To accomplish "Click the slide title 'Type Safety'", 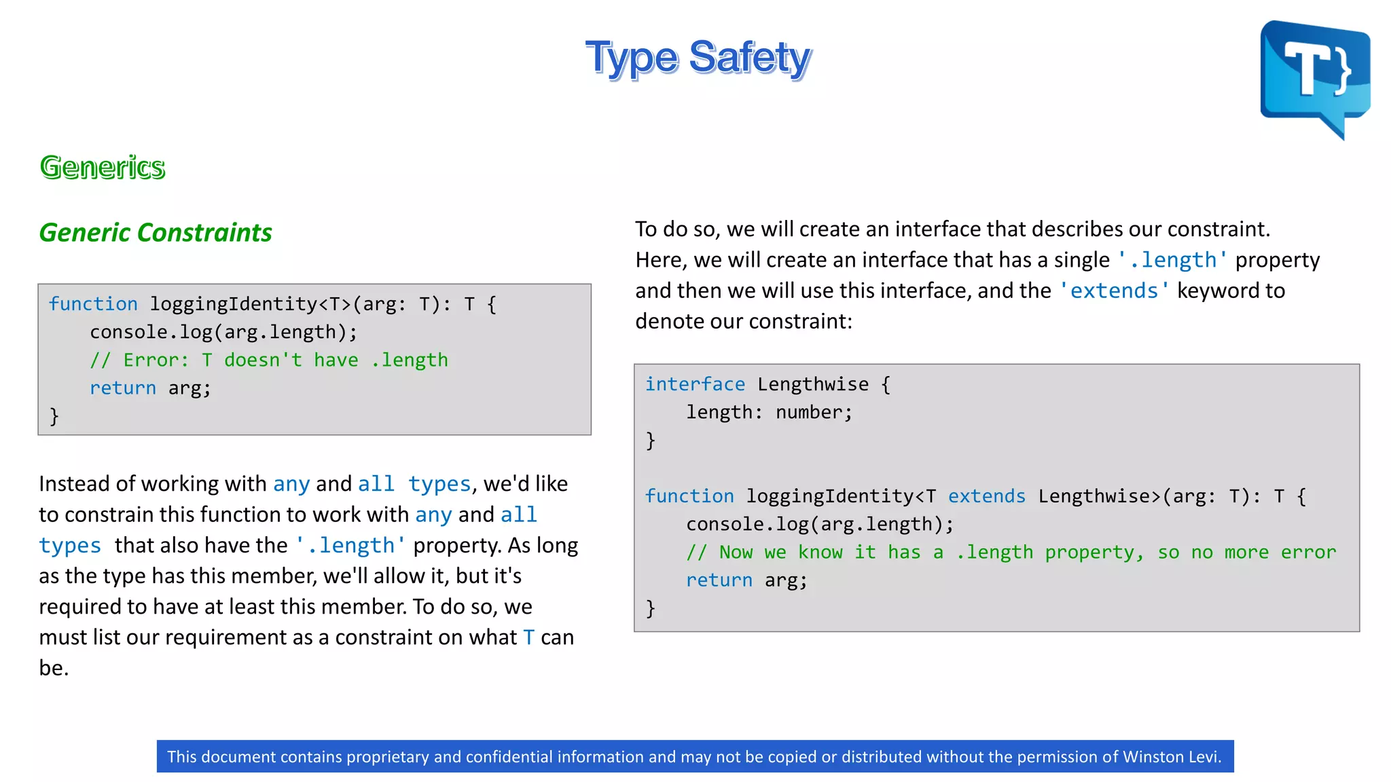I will tap(698, 58).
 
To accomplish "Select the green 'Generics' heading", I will tap(103, 167).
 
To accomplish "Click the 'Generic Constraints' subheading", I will tap(156, 232).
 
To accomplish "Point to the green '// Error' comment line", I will tap(269, 360).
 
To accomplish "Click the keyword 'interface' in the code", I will tap(695, 384).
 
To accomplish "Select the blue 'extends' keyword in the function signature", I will tap(986, 496).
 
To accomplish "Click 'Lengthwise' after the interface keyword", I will tap(813, 384).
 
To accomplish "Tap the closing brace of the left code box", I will tap(54, 416).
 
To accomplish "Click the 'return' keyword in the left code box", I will tap(123, 388).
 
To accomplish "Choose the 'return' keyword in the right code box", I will tap(719, 580).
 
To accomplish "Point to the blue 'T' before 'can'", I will tap(529, 637).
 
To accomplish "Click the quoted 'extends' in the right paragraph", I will tap(1114, 291).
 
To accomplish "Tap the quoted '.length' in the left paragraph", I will tap(350, 545).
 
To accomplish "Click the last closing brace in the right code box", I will tap(651, 608).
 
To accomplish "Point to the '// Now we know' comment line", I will tap(1011, 553).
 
